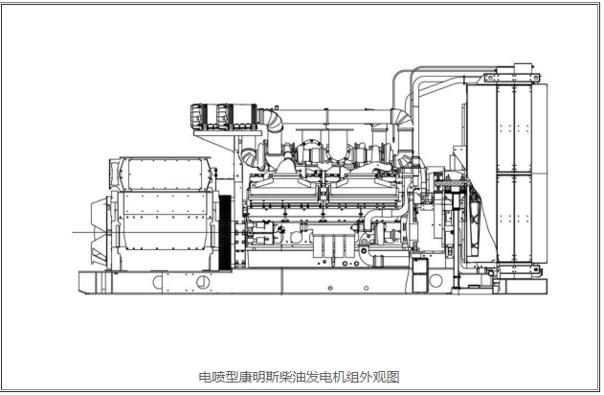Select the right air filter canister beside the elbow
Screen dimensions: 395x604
coord(234,113)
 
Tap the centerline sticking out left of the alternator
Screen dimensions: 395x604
coord(80,231)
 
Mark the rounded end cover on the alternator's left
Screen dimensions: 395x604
coord(100,230)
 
